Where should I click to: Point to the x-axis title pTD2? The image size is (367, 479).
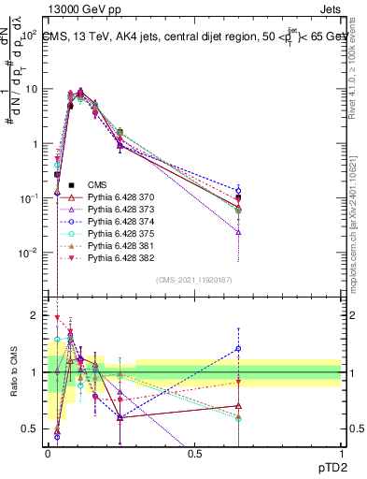[325, 469]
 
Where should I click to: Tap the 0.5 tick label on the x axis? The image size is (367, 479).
[194, 454]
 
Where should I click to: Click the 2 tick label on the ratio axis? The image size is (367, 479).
[35, 315]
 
